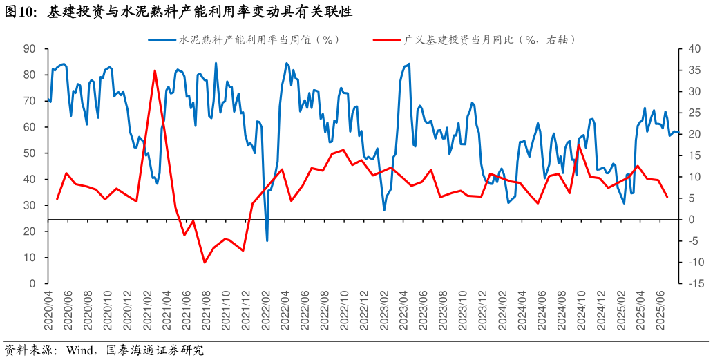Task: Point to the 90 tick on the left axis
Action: coord(29,49)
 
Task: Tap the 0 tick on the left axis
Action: coord(32,283)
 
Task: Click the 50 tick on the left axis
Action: coord(29,153)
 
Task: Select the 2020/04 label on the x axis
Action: coord(48,311)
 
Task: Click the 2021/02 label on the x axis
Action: coord(148,311)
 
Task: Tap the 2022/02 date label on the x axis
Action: coord(267,311)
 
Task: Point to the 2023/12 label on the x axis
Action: coord(484,311)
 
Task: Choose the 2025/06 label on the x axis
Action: coord(663,311)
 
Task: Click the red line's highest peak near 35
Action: coord(155,70)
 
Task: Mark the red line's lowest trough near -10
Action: coord(205,263)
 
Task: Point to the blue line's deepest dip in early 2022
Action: coord(267,240)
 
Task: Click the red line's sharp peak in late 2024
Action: coord(579,145)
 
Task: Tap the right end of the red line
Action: coord(667,198)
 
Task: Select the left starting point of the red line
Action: coord(57,199)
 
